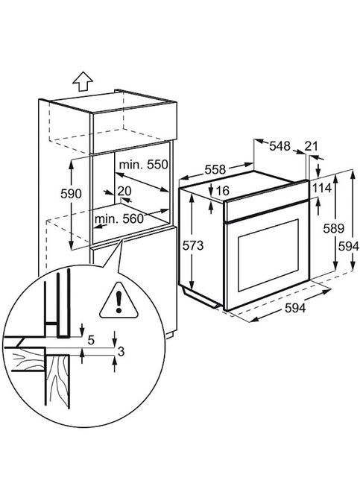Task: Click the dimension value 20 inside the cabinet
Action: pyautogui.click(x=124, y=191)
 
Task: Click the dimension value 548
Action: pyautogui.click(x=280, y=145)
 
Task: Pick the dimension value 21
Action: pyautogui.click(x=312, y=145)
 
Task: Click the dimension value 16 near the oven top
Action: pyautogui.click(x=221, y=191)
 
